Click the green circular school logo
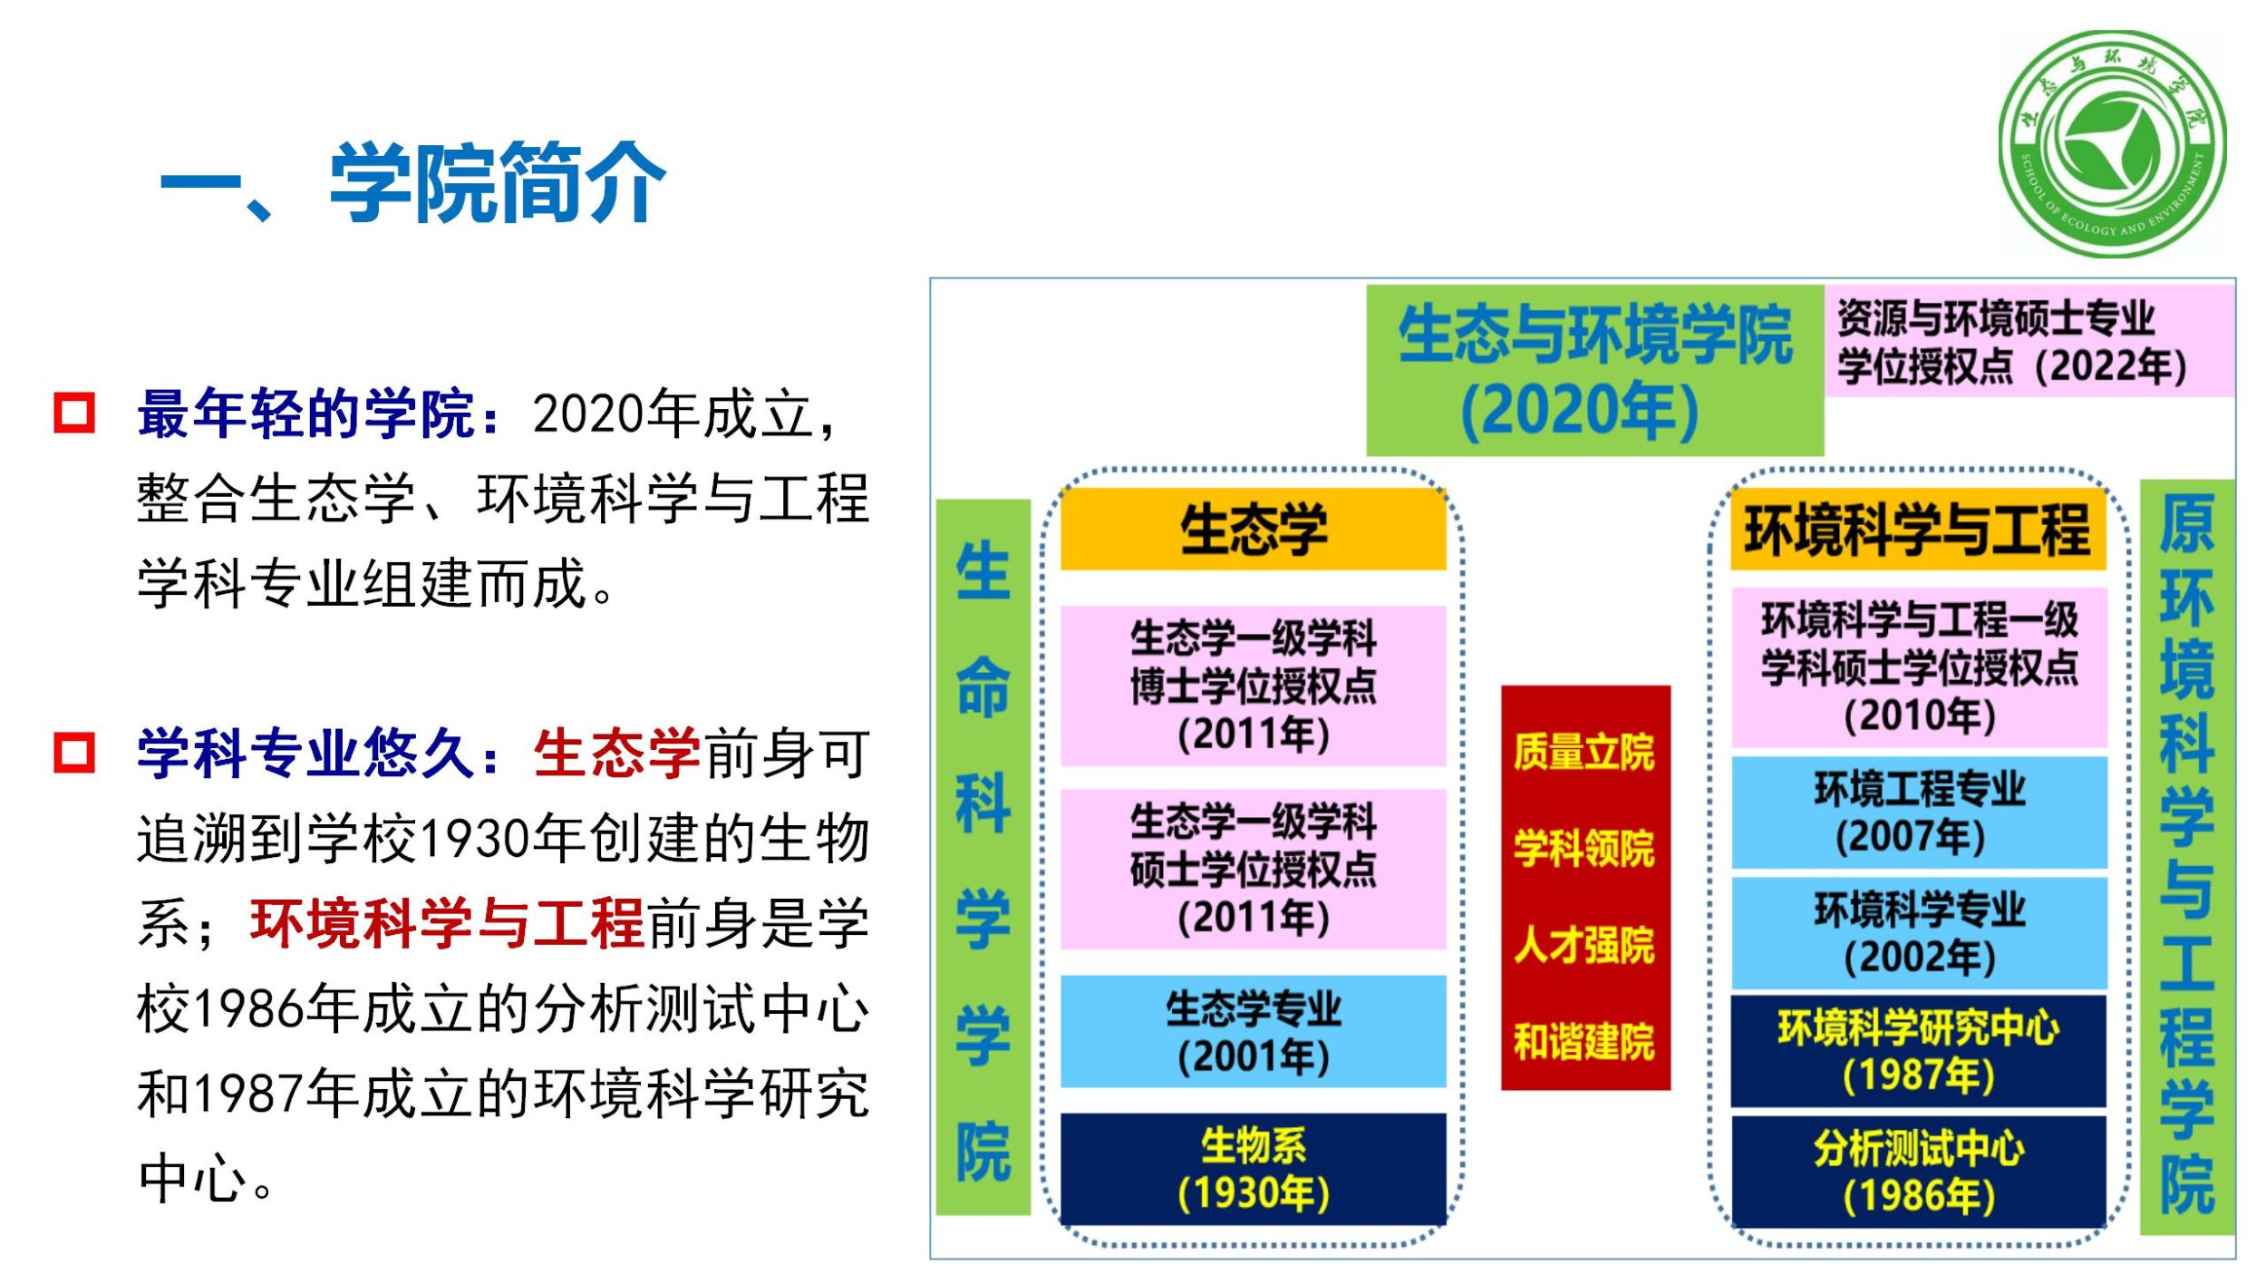[x=2113, y=144]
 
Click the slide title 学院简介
[x=498, y=182]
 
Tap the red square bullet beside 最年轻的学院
[x=74, y=414]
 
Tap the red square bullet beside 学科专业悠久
[x=74, y=753]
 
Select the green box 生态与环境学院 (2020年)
[x=1594, y=370]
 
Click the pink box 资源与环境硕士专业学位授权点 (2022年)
[x=2029, y=340]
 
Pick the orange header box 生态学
[x=1254, y=529]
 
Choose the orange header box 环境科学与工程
[x=1918, y=529]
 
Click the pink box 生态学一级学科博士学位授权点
[x=1254, y=686]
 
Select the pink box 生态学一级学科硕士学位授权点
[x=1254, y=869]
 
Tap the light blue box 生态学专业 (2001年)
[x=1254, y=1031]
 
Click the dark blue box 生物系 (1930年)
[x=1254, y=1169]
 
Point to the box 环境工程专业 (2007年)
[x=1919, y=813]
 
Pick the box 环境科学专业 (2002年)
[x=1919, y=932]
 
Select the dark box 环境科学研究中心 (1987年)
[x=1918, y=1051]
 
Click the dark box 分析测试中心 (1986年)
[x=1918, y=1172]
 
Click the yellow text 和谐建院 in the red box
[x=1584, y=1041]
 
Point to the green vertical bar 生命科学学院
[x=983, y=857]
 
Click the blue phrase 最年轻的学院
[x=306, y=414]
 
